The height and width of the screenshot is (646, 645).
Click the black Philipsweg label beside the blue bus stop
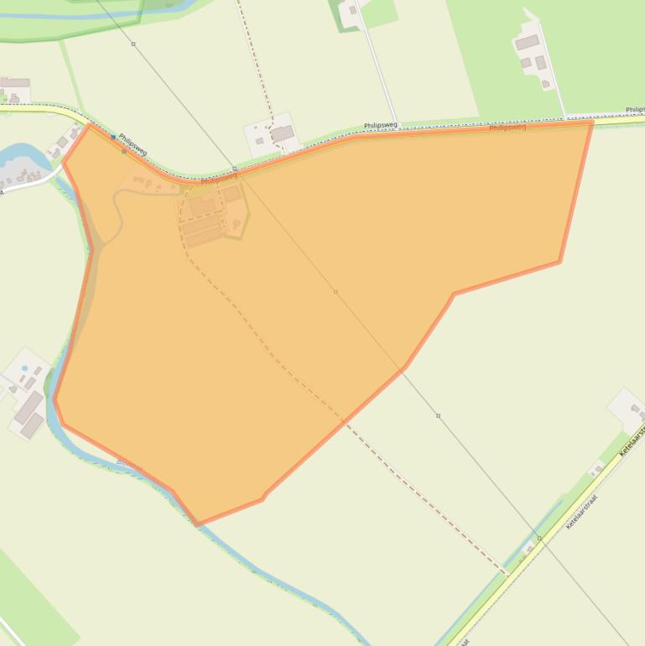pyautogui.click(x=133, y=143)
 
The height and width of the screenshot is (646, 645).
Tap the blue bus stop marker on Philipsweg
pyautogui.click(x=113, y=137)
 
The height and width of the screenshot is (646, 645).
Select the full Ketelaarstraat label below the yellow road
pyautogui.click(x=581, y=511)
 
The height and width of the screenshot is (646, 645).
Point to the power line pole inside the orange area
pyautogui.click(x=336, y=292)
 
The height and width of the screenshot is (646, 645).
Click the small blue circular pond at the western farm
pyautogui.click(x=24, y=368)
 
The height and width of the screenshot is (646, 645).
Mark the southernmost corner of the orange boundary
pyautogui.click(x=197, y=524)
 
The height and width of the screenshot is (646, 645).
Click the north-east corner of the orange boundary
pyautogui.click(x=592, y=122)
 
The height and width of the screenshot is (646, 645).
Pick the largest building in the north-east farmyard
pyautogui.click(x=527, y=42)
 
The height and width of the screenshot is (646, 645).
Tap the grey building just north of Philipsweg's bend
pyautogui.click(x=282, y=133)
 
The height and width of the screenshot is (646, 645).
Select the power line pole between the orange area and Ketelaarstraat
pyautogui.click(x=438, y=415)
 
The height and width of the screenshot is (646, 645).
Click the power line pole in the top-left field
pyautogui.click(x=133, y=44)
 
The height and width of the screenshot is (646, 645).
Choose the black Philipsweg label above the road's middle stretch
pyautogui.click(x=380, y=125)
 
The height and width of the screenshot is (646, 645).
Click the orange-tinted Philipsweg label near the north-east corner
pyautogui.click(x=507, y=128)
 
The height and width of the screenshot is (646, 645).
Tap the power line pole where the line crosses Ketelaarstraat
pyautogui.click(x=539, y=537)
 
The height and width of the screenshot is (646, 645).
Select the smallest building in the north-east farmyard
pyautogui.click(x=547, y=83)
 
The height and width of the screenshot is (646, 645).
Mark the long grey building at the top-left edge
pyautogui.click(x=15, y=83)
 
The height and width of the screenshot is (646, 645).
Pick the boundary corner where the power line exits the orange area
pyautogui.click(x=403, y=367)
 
